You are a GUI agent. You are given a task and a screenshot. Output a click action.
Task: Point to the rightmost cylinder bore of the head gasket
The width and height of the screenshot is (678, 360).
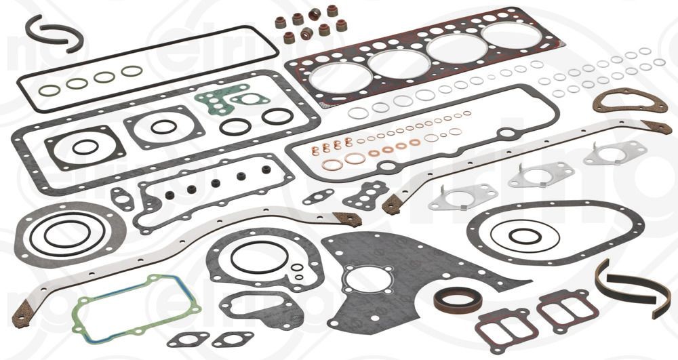[511, 35]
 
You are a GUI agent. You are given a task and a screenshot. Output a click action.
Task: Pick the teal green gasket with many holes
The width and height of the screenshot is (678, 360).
[224, 102]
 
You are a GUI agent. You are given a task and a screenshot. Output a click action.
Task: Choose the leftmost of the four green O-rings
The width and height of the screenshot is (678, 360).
[49, 90]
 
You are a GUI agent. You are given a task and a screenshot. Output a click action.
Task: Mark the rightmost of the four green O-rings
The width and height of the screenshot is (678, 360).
[132, 71]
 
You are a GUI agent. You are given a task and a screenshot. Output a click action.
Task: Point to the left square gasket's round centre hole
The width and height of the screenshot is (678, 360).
[85, 147]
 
